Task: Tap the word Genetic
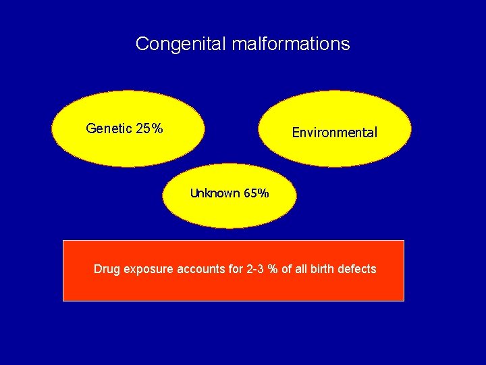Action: click(109, 128)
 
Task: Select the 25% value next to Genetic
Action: click(148, 128)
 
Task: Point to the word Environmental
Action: click(334, 133)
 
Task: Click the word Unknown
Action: click(215, 194)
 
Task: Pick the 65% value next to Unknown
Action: click(256, 194)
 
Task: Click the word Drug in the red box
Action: click(106, 269)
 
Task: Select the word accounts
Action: click(201, 269)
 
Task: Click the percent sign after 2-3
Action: click(272, 269)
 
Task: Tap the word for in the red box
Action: click(236, 269)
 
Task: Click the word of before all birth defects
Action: click(286, 269)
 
